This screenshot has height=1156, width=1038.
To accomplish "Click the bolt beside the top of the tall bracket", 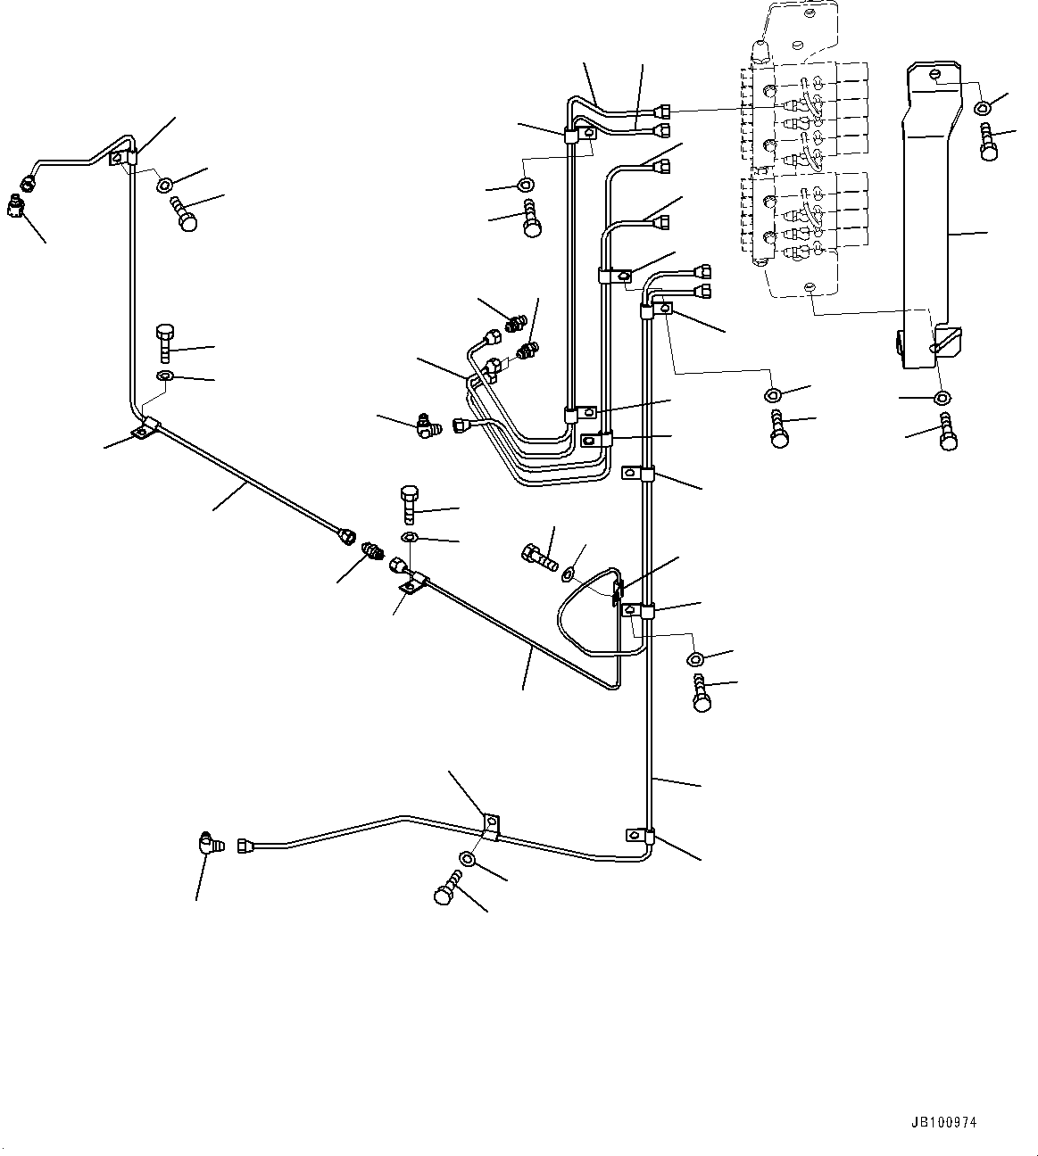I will (987, 143).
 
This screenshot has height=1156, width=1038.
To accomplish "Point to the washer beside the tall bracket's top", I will (982, 107).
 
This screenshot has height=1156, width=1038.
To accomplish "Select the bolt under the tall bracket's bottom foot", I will (948, 432).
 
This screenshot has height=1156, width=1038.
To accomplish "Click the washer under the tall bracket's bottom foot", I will (941, 397).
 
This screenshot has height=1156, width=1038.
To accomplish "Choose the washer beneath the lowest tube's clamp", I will (468, 859).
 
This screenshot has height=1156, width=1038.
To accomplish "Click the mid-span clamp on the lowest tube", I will (490, 825).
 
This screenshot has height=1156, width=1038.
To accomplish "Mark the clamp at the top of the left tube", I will (122, 159).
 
